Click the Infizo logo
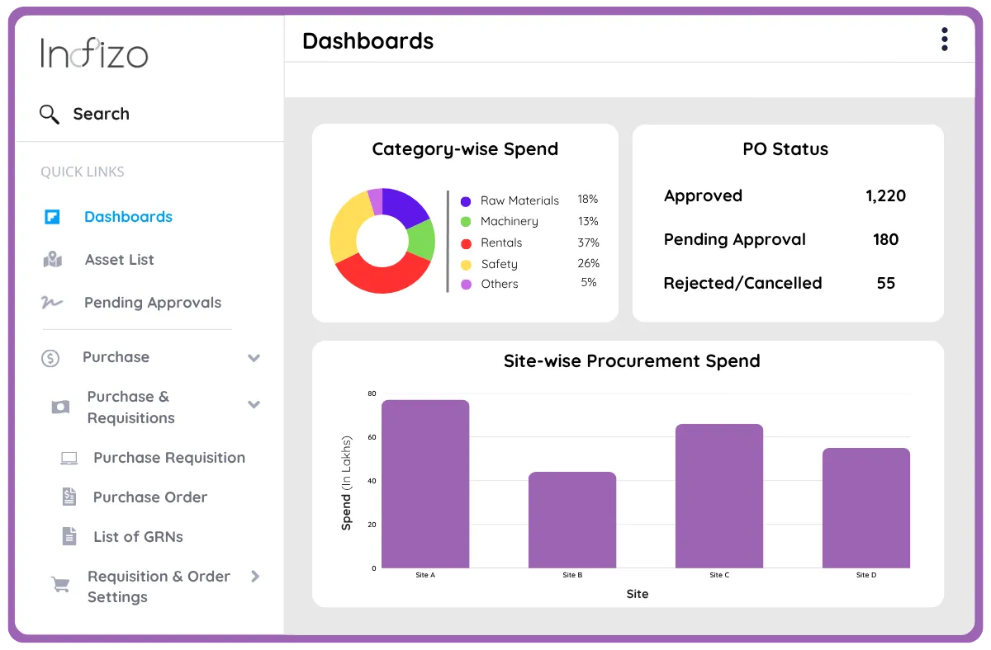pyautogui.click(x=94, y=54)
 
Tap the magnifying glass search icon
pyautogui.click(x=50, y=114)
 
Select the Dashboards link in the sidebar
pyautogui.click(x=128, y=217)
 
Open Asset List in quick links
pyautogui.click(x=119, y=260)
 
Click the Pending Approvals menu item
pyautogui.click(x=153, y=303)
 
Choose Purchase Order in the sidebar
pyautogui.click(x=149, y=497)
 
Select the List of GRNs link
pyautogui.click(x=138, y=537)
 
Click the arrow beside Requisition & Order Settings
pyautogui.click(x=255, y=577)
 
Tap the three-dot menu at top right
pyautogui.click(x=944, y=40)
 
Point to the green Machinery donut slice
pyautogui.click(x=422, y=240)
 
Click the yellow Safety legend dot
pyautogui.click(x=466, y=265)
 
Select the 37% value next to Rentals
pyautogui.click(x=588, y=243)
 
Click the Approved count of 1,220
pyautogui.click(x=885, y=196)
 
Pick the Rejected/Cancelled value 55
pyautogui.click(x=885, y=283)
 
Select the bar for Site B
pyautogui.click(x=572, y=520)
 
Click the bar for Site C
pyautogui.click(x=719, y=496)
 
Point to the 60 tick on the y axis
pyautogui.click(x=372, y=437)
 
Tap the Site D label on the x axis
pyautogui.click(x=866, y=575)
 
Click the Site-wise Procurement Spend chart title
pyautogui.click(x=632, y=361)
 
